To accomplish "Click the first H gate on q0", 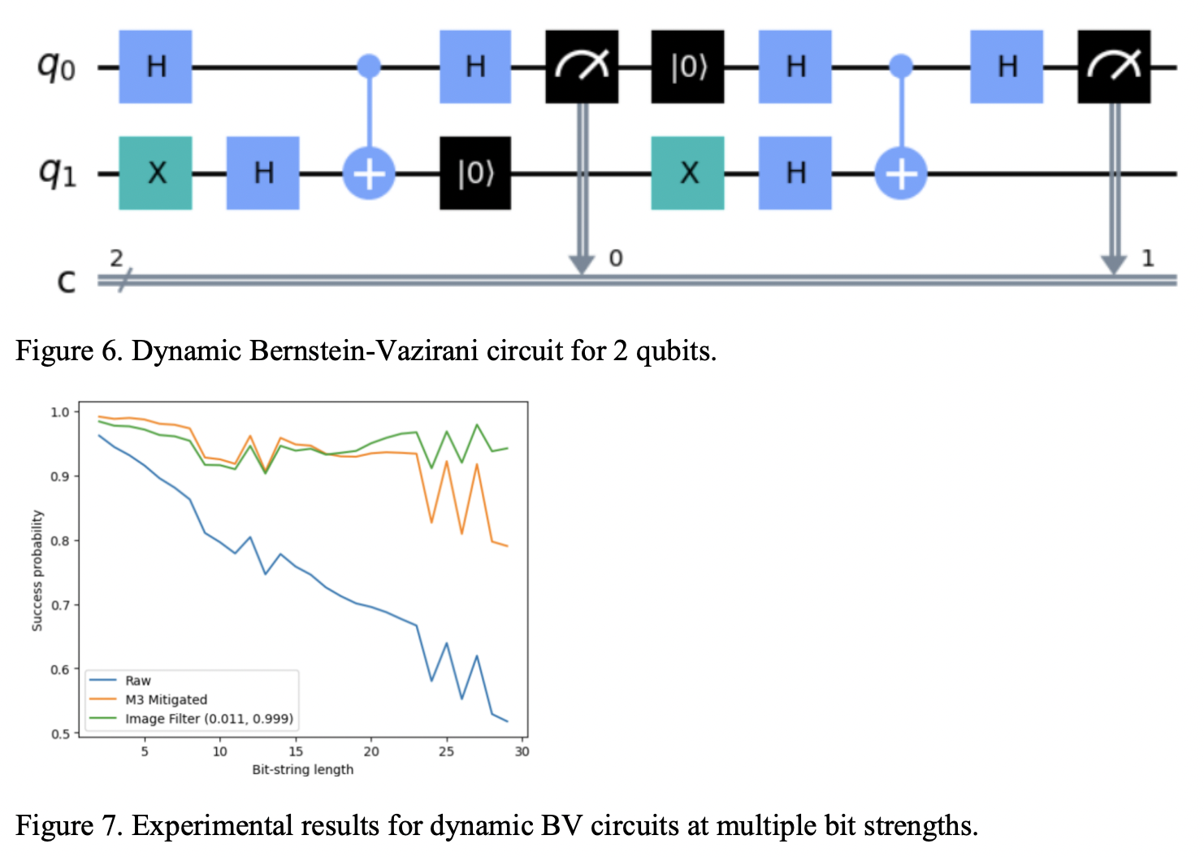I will (155, 67).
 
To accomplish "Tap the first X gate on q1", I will (155, 173).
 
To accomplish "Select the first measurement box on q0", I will (582, 67).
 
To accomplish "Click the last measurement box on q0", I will (1114, 67).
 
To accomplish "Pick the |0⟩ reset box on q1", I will (475, 173).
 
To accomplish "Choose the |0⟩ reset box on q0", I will (687, 67).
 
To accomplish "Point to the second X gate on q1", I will (687, 173).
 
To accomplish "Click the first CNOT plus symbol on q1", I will (369, 173).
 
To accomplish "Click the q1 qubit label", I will (57, 172).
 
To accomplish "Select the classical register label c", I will (66, 281).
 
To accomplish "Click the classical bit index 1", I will (1147, 259).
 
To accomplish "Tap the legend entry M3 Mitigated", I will (166, 699).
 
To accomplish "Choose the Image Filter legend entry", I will (209, 719).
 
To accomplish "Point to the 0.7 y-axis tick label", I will (60, 605).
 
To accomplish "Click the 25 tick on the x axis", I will (446, 751).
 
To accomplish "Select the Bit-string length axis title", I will (302, 769).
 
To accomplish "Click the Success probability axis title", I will (37, 571).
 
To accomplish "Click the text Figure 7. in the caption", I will (69, 825).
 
